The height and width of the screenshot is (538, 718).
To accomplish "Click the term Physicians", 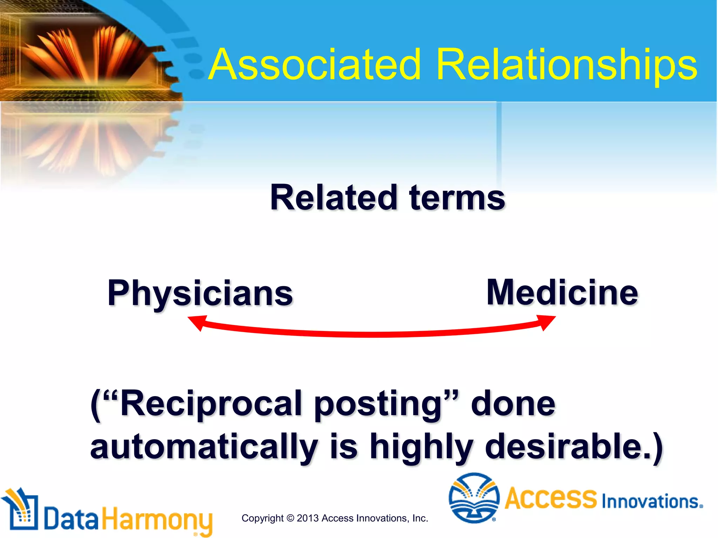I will coord(200,294).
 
